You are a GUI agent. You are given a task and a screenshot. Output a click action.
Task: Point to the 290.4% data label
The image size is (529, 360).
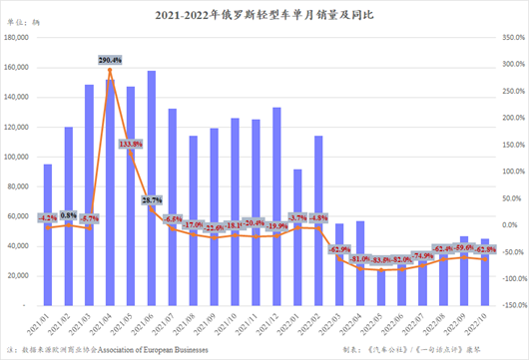[x=109, y=61]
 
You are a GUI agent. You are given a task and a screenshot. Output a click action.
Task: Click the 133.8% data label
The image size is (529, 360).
[x=129, y=144]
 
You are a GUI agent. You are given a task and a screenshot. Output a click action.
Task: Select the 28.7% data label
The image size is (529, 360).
[x=152, y=200]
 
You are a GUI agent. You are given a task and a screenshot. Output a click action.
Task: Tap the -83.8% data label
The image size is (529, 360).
[x=380, y=260]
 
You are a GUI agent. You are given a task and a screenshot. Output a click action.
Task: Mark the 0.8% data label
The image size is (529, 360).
[x=68, y=214]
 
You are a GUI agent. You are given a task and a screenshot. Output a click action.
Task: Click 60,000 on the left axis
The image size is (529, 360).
[x=20, y=216]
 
